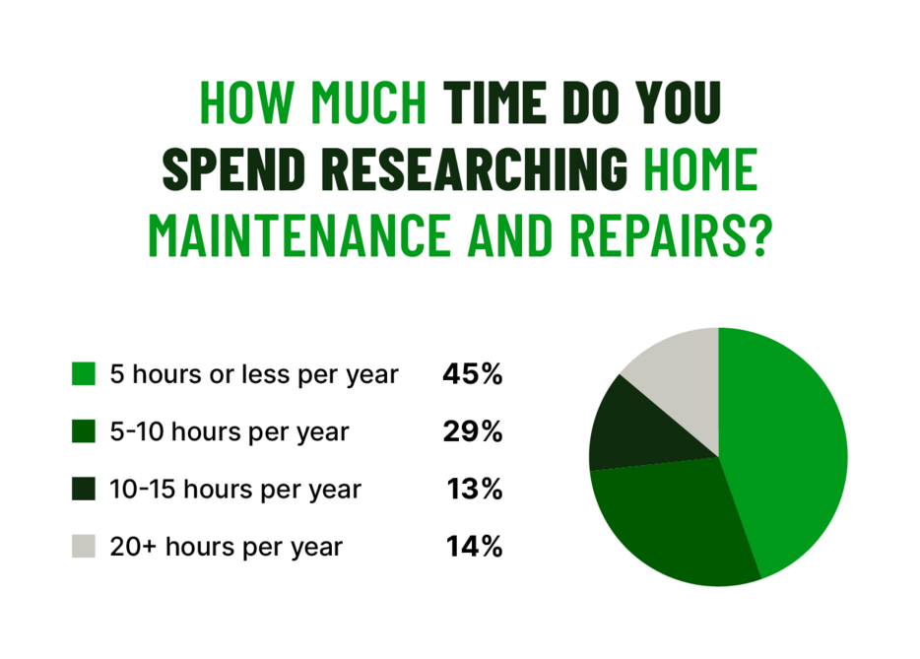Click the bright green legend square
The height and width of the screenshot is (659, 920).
pos(84,373)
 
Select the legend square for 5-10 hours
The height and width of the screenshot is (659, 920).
pos(84,431)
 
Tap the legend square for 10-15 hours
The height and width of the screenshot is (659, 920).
pos(84,489)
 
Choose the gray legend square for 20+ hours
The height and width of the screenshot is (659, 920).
pos(84,547)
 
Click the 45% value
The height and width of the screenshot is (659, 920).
pos(473,373)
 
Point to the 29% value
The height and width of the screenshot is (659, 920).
pos(473,431)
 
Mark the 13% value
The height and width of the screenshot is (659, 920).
pos(475,489)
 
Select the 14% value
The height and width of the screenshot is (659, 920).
pos(475,547)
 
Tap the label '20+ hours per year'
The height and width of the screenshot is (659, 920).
pos(227,548)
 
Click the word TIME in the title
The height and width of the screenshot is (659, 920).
pos(495,102)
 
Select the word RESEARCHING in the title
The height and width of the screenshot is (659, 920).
pos(474,169)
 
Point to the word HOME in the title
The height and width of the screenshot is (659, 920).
pos(700,169)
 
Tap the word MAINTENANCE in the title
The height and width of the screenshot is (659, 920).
pos(299,235)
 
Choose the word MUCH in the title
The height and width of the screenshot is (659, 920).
pos(368,102)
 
